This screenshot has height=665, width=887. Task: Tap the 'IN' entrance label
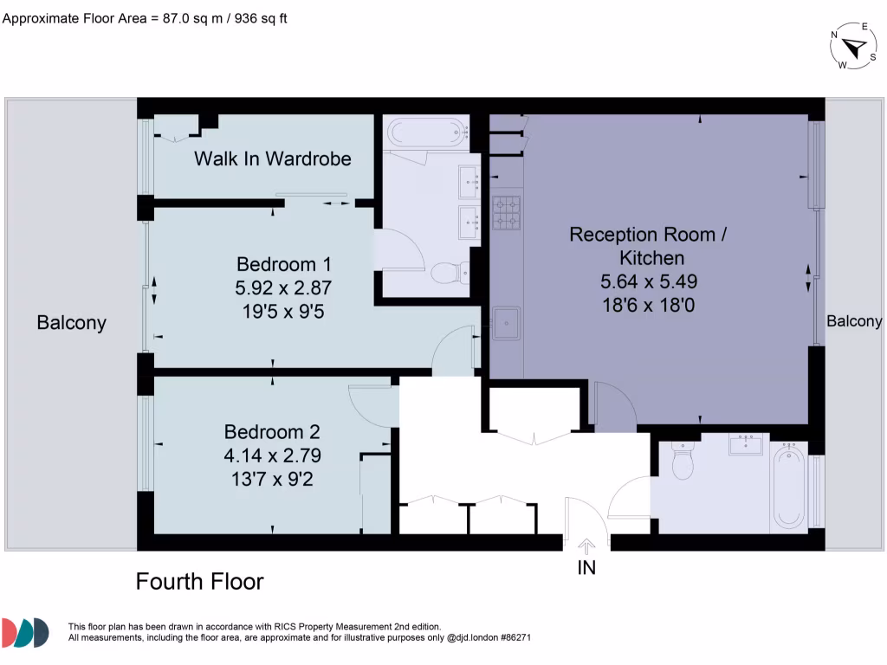pos(586,568)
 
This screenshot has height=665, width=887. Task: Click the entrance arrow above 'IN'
pos(586,546)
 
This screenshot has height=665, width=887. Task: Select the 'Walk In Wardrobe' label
pos(272,158)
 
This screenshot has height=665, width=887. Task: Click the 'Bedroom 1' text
pos(283,264)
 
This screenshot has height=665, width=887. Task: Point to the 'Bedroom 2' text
pos(272,431)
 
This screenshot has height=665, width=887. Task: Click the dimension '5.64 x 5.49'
pos(649,281)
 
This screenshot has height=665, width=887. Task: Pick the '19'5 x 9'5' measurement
pos(283,310)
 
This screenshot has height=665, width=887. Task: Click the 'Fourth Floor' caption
pos(199,581)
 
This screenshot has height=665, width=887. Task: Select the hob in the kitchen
pos(507,213)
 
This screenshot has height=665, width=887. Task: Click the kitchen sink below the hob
pos(506,323)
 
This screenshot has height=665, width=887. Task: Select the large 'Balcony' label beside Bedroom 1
pos(71,323)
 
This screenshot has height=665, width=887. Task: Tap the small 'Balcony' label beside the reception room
pos(854,321)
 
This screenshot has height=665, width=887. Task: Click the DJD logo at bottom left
pos(25,633)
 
